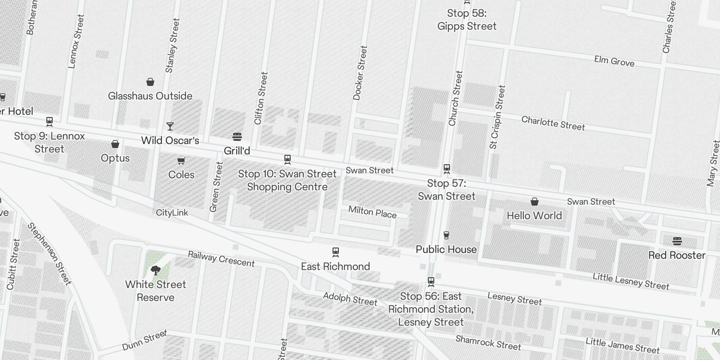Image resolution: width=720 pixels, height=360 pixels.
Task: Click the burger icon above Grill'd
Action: tap(237, 137)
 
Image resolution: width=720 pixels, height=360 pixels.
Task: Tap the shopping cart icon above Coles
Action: tap(181, 161)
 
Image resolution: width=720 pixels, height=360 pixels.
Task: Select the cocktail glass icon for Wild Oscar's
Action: tap(170, 126)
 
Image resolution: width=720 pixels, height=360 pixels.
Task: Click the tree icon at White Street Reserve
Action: tap(156, 270)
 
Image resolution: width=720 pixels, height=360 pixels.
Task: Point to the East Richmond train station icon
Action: tap(336, 252)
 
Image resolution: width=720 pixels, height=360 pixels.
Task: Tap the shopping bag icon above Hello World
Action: tap(535, 201)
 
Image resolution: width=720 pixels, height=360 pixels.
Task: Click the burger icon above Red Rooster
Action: tap(677, 241)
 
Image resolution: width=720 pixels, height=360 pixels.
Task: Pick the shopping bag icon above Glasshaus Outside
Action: tap(150, 82)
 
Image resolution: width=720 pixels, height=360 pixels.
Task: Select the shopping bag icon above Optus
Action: tap(115, 144)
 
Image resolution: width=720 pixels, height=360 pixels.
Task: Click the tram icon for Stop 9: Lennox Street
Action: tap(49, 121)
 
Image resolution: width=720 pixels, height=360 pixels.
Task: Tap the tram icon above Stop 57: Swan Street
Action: tap(447, 169)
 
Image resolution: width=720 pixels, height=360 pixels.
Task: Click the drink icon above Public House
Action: tap(446, 235)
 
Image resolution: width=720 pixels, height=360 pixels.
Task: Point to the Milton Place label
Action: tap(373, 211)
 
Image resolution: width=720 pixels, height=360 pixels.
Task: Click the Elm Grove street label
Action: tap(614, 61)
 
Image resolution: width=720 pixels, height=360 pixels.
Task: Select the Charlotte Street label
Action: tap(553, 123)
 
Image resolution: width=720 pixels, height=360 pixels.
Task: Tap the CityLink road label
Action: tap(172, 212)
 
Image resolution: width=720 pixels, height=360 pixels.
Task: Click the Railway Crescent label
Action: tap(221, 259)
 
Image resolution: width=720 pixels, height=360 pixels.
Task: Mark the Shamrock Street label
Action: tap(488, 343)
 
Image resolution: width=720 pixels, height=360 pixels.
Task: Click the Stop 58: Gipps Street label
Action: tap(467, 20)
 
